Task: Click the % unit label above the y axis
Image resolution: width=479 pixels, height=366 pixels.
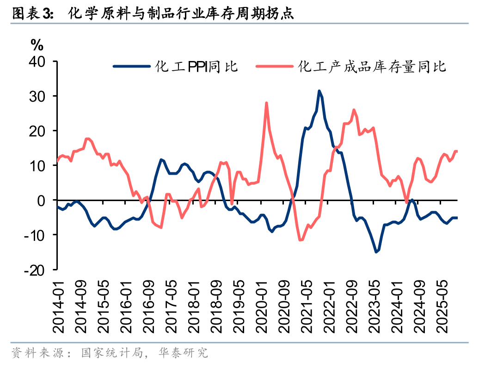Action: tap(37, 45)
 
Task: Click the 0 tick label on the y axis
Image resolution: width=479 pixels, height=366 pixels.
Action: tap(48, 201)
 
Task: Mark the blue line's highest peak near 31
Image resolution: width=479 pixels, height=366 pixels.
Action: tap(319, 91)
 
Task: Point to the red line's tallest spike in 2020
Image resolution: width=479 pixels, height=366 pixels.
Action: tap(266, 103)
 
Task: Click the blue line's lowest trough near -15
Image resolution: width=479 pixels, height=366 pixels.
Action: tap(376, 252)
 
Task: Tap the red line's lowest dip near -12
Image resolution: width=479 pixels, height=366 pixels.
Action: tap(300, 240)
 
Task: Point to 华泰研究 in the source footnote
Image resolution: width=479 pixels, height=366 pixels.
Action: tap(190, 354)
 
